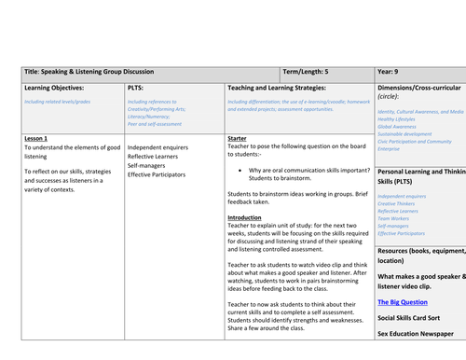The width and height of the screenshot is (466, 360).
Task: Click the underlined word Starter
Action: [237, 138]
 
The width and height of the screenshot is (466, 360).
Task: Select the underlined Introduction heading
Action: [245, 217]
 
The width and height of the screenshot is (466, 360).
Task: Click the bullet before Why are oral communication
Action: [240, 171]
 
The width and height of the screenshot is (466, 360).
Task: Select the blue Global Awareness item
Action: [401, 127]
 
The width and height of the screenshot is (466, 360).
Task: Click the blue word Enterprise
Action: [393, 148]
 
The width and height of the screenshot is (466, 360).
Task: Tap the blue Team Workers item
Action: [399, 219]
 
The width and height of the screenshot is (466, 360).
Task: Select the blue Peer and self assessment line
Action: [156, 123]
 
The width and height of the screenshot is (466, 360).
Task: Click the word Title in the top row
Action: [32, 71]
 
